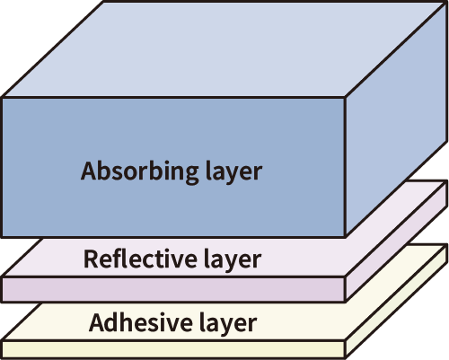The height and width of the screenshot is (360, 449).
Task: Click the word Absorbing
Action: [x=139, y=171]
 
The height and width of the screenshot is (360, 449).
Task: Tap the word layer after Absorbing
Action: [x=234, y=171]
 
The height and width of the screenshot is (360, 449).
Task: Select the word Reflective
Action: [x=140, y=258]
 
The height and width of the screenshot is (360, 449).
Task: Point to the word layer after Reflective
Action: [x=233, y=259]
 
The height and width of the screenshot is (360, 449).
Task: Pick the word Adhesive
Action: [x=140, y=321]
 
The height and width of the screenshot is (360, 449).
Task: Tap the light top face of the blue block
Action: [x=224, y=49]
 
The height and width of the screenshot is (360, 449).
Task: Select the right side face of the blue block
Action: [x=396, y=119]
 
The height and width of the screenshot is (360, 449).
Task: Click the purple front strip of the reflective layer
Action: [x=173, y=289]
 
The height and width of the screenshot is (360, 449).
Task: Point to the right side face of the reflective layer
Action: [x=396, y=241]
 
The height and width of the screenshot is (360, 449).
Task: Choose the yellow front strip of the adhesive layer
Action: [x=173, y=349]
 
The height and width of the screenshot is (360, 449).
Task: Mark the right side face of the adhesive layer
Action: [x=396, y=301]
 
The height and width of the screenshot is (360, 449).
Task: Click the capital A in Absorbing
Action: [x=91, y=171]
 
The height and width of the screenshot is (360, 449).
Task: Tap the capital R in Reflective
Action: [x=91, y=259]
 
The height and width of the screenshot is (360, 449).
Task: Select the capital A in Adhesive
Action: [x=99, y=322]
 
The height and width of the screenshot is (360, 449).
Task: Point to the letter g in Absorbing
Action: [x=190, y=174]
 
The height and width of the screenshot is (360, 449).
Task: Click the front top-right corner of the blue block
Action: [x=346, y=97]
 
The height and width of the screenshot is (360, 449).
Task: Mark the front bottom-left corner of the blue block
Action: [x=3, y=236]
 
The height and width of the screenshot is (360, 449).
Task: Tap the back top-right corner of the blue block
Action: [x=446, y=3]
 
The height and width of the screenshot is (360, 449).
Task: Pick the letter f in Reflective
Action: [x=115, y=258]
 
